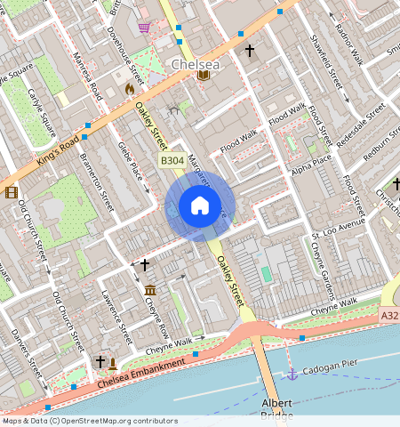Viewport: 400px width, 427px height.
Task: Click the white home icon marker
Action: pos(200,206)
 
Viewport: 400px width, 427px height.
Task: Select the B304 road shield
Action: pos(172,159)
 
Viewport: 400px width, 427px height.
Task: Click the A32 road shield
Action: pos(389,316)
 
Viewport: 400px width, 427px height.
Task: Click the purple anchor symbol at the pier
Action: pos(292,375)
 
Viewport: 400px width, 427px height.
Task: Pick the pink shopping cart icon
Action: pos(144,28)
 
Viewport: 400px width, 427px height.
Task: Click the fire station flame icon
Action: pos(130,89)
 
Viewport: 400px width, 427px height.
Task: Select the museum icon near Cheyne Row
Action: pos(150,291)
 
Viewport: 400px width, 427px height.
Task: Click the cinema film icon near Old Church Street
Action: pos(10,192)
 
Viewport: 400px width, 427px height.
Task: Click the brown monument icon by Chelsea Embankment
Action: pos(113,362)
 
